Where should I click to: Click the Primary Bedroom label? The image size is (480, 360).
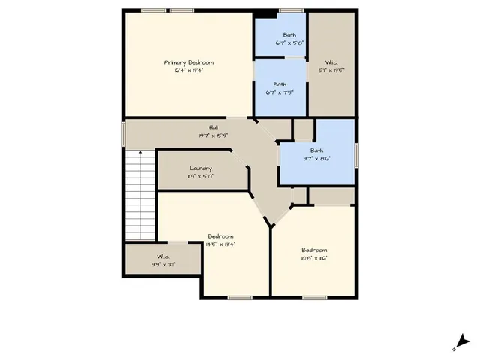pos(189,62)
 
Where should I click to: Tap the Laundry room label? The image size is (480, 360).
pos(200,169)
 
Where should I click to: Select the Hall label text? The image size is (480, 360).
pos(214,128)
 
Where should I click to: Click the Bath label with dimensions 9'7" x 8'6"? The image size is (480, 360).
pos(316,151)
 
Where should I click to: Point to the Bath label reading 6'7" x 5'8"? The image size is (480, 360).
pos(289,35)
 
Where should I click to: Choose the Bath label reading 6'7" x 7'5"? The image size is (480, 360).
pos(280,84)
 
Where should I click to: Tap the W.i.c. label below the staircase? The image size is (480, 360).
pos(163,256)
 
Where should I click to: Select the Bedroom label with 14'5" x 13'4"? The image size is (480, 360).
pos(220,236)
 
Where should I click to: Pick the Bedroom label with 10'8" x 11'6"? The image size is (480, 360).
pos(314,250)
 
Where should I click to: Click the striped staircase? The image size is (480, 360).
pos(139,195)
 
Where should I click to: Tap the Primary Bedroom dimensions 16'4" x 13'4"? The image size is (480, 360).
pos(189,70)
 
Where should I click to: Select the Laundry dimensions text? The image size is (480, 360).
pos(200,177)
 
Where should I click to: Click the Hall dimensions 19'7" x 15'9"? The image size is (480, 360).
pos(214,136)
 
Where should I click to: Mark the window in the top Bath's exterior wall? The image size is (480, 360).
pos(291,10)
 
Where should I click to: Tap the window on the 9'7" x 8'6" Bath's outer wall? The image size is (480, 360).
pos(356,154)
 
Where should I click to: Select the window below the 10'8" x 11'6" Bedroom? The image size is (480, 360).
pos(314,298)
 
